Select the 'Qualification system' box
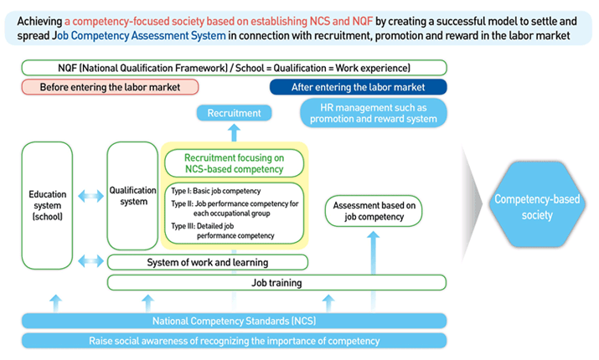pyautogui.click(x=132, y=195)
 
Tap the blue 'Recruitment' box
pyautogui.click(x=234, y=112)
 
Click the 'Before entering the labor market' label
pyautogui.click(x=111, y=87)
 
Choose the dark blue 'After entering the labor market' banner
pyautogui.click(x=358, y=87)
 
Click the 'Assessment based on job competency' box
pyautogui.click(x=374, y=211)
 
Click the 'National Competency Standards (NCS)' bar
pyautogui.click(x=234, y=321)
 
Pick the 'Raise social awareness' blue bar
pyautogui.click(x=234, y=340)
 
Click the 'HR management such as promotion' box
pyautogui.click(x=374, y=113)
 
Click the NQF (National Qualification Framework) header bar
pyautogui.click(x=234, y=67)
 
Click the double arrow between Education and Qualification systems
pyautogui.click(x=90, y=196)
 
